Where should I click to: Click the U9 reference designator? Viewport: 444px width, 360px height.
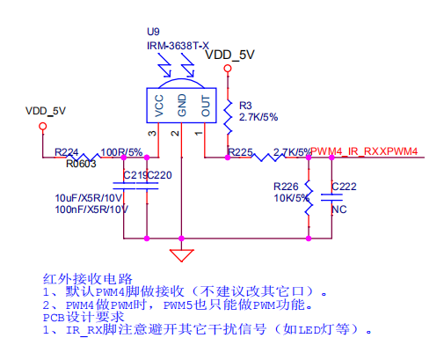point(153,32)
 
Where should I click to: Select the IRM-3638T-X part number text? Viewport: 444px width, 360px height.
point(178,46)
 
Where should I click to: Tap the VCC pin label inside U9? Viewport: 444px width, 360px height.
point(158,106)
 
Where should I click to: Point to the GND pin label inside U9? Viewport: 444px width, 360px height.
point(182,105)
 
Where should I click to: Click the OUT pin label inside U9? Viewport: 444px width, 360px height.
point(206,106)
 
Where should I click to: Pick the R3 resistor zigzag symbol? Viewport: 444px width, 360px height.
point(228,117)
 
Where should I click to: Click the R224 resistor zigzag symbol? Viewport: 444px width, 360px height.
point(84,157)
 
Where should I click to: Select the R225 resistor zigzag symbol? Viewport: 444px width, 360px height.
point(268,158)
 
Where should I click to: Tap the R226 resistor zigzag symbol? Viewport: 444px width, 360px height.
point(309,198)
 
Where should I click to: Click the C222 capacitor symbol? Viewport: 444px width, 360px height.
point(331,197)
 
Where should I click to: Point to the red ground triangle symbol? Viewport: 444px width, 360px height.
point(181,255)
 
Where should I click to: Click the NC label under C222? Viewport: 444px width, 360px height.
point(339,209)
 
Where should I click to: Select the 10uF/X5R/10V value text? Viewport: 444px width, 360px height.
point(89,198)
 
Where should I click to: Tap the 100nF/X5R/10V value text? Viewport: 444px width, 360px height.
point(91,209)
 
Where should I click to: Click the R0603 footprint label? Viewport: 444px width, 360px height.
point(81,164)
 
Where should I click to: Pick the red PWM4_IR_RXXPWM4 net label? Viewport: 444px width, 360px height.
point(364,151)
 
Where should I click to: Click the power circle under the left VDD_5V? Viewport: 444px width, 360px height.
point(43,126)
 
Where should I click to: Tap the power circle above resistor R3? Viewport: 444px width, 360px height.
point(228,69)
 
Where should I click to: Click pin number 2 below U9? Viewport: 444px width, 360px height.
point(175,133)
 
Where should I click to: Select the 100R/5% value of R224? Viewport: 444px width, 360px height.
point(121,152)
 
